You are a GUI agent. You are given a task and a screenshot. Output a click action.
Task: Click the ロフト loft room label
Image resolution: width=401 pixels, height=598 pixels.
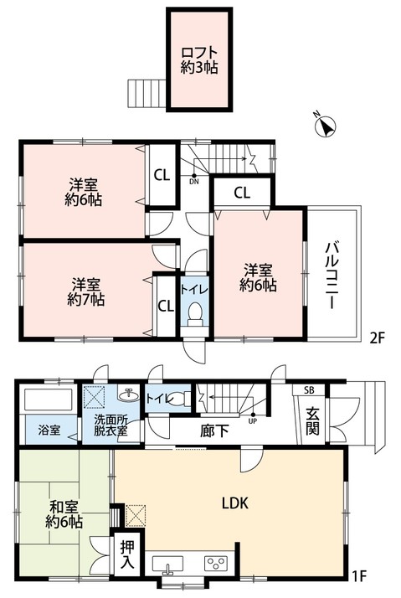tap(199, 60)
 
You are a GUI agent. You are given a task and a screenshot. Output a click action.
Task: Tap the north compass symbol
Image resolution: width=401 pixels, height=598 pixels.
tap(325, 127)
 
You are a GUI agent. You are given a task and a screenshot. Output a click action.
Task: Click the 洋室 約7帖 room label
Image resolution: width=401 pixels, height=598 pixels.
tap(87, 290)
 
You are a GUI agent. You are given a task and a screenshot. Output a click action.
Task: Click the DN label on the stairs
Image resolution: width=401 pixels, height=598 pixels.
tap(194, 181)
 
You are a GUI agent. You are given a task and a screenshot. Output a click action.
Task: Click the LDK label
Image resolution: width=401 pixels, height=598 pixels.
tap(234, 503)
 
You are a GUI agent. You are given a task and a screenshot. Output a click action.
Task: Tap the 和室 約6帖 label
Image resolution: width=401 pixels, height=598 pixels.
tap(63, 513)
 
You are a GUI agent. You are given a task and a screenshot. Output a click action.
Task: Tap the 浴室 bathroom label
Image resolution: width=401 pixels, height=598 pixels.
tap(49, 430)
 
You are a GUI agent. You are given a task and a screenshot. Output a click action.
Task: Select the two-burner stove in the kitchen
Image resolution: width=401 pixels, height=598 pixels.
tap(217, 564)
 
